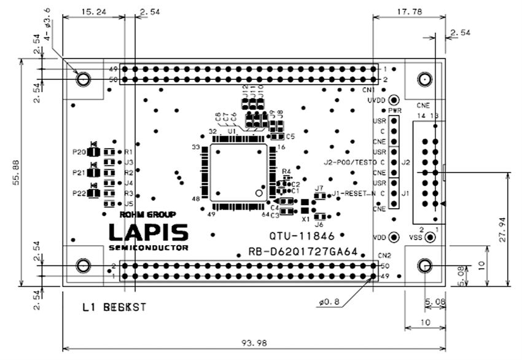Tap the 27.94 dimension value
click(502, 229)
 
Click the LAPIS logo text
click(148, 232)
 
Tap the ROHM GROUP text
click(147, 215)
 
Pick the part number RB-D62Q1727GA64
click(303, 252)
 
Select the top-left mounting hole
click(83, 79)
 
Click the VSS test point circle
click(429, 237)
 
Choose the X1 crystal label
click(305, 217)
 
